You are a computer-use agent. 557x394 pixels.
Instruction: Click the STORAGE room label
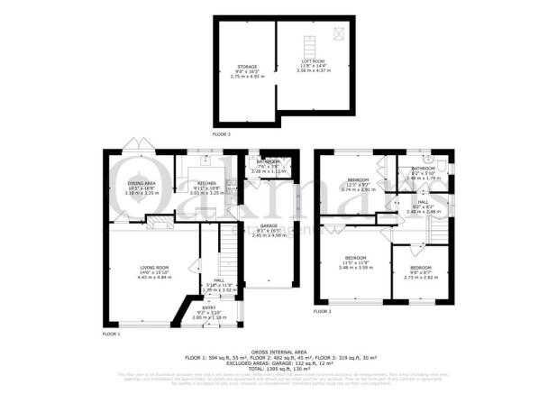pos(246,67)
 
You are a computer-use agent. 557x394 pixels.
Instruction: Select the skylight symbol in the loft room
pos(338,33)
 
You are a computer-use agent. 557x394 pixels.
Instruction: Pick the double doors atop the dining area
pos(136,146)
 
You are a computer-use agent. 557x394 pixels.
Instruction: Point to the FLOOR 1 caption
pos(111,334)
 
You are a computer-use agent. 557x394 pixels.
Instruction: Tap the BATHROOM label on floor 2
pos(424,168)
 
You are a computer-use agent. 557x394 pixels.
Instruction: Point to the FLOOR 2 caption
pos(323,311)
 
